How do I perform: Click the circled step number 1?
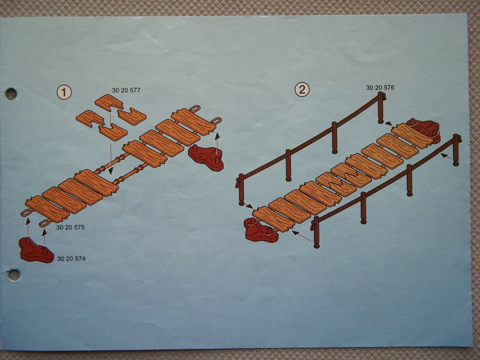64,92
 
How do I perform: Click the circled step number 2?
302,90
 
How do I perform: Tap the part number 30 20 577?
126,90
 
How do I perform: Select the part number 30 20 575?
71,227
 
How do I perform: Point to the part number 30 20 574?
72,259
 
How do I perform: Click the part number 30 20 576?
380,88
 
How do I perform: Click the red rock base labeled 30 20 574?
36,250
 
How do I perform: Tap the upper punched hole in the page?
11,94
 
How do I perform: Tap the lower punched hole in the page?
14,275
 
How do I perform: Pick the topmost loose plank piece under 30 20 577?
109,102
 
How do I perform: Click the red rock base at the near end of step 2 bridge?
261,230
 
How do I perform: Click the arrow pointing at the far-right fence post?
446,156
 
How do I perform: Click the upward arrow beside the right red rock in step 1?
217,143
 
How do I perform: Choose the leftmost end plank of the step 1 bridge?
48,210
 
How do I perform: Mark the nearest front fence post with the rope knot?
316,232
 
